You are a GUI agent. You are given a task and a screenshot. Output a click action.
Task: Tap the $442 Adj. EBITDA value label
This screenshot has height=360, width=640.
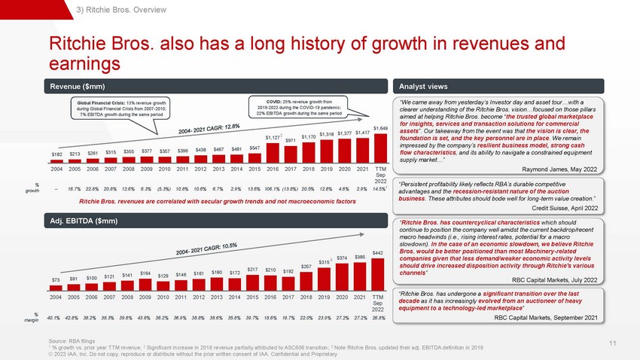click(379, 252)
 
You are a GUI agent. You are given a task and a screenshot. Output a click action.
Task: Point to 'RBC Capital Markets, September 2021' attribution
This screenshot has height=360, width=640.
click(546, 319)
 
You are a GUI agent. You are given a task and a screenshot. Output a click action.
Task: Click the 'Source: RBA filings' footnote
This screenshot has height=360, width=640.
click(75, 341)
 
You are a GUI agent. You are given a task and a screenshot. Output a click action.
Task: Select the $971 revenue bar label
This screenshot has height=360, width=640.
click(290, 140)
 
